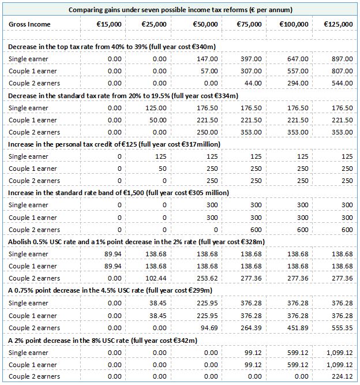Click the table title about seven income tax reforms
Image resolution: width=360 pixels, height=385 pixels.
pyautogui.click(x=180, y=10)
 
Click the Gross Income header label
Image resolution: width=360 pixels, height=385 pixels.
pyautogui.click(x=29, y=24)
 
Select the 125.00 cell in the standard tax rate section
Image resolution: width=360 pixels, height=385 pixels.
pyautogui.click(x=157, y=108)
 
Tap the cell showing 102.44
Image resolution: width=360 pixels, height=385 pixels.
pyautogui.click(x=157, y=278)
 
